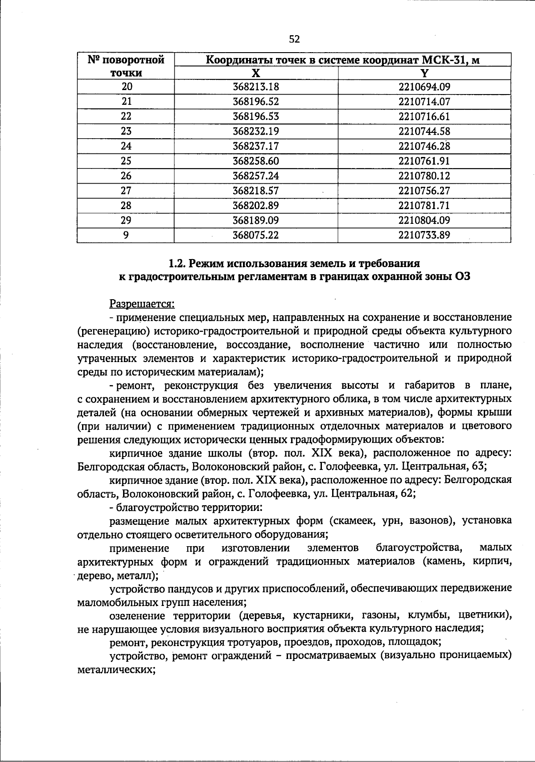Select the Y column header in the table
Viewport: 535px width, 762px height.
[x=424, y=73]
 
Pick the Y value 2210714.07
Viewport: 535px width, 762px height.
[x=424, y=102]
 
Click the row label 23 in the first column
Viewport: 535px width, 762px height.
[x=127, y=131]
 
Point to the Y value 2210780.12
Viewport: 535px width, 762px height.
[x=424, y=176]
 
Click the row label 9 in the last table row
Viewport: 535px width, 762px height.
[x=127, y=235]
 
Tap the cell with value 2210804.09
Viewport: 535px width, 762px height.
[x=424, y=220]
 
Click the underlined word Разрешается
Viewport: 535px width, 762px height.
[x=142, y=304]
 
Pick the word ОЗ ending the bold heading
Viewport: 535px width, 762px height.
[x=462, y=277]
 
